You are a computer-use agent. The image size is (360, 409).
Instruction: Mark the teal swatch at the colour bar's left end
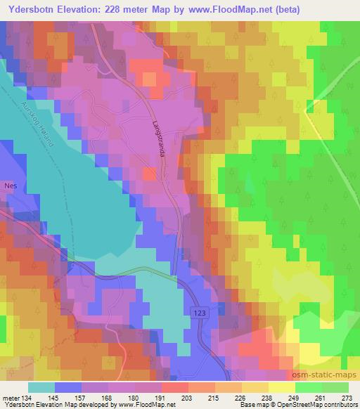[42, 388]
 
